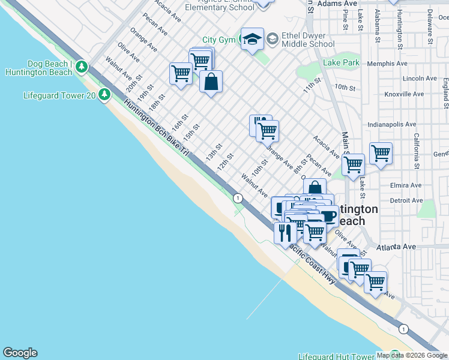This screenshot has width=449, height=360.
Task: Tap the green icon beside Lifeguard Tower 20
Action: coord(105,95)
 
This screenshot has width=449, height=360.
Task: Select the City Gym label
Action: coord(217,40)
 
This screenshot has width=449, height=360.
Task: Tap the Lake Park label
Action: coord(341,62)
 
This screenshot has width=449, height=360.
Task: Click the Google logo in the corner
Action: coord(20,353)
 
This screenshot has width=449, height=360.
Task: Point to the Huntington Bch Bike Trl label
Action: coord(156,128)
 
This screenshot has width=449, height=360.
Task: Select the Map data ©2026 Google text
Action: coord(411,355)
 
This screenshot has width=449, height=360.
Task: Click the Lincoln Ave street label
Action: coord(420,79)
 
